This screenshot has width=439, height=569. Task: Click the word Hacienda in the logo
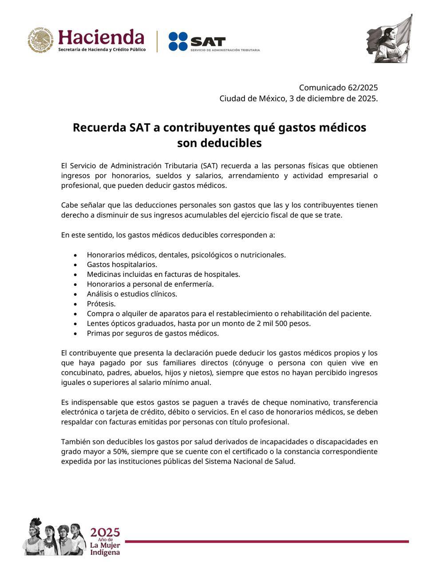click(101, 37)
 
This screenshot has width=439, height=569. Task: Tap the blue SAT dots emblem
click(178, 41)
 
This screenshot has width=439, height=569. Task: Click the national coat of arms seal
click(42, 40)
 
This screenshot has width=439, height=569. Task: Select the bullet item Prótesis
click(101, 304)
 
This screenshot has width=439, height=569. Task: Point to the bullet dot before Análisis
click(76, 294)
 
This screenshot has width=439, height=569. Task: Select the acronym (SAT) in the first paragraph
click(209, 166)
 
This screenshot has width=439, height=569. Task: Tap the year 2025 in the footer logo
click(105, 533)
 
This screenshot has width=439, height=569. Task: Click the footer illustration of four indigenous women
click(55, 536)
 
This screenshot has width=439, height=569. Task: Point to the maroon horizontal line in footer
click(266, 541)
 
